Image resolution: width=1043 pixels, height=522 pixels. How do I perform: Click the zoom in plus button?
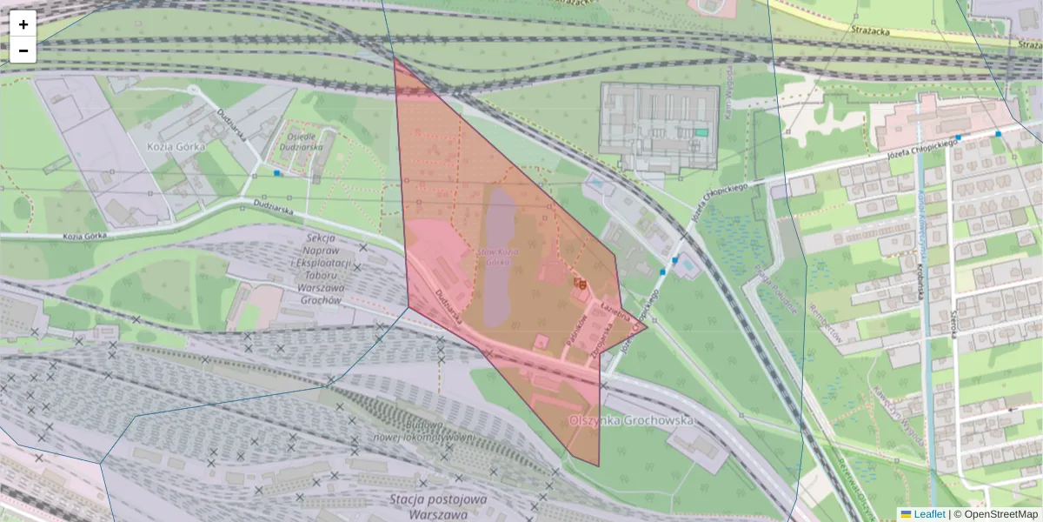click(x=23, y=24)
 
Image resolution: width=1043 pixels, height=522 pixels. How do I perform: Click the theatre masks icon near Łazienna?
click(x=580, y=283)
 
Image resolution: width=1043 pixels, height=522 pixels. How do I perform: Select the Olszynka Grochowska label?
click(x=631, y=420)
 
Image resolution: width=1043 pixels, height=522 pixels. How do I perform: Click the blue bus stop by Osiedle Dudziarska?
click(x=277, y=173)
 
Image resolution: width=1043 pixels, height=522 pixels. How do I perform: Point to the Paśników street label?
click(x=574, y=334)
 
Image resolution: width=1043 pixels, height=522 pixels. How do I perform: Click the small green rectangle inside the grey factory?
click(x=701, y=132)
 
